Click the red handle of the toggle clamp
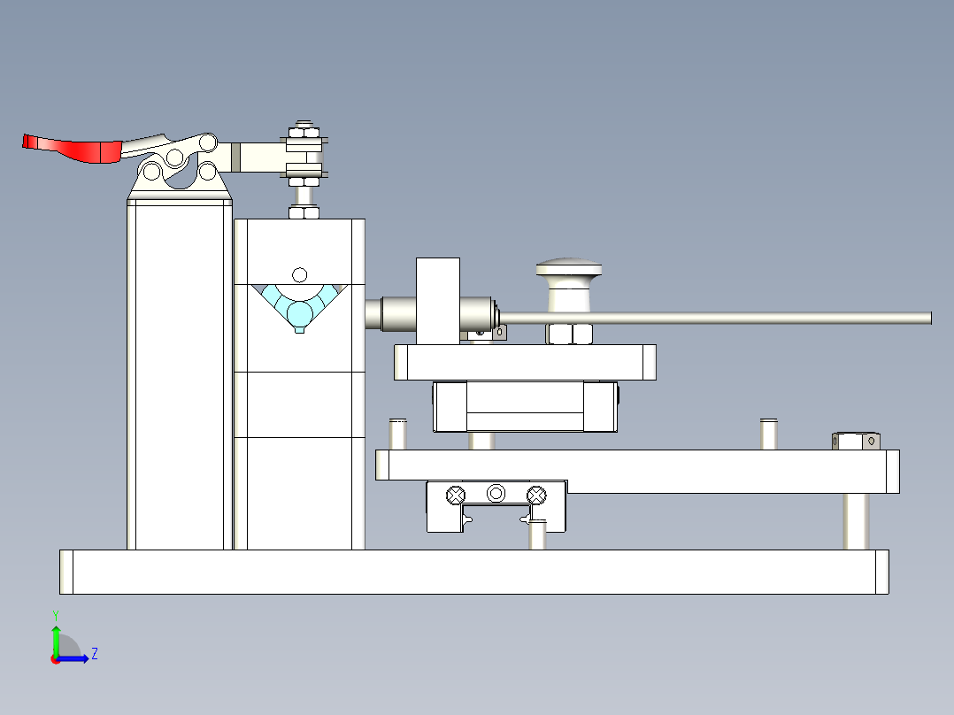coord(72,150)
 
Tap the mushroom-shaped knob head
coord(569,268)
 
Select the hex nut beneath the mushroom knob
coord(570,334)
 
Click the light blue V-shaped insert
coord(299,307)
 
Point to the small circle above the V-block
coord(299,275)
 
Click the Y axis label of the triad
coord(56,616)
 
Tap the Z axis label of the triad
coord(95,654)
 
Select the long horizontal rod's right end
coord(930,318)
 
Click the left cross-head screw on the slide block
coord(456,496)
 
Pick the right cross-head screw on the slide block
coord(536,496)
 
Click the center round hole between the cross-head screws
coord(496,493)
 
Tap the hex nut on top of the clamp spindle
coord(304,132)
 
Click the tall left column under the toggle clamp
coord(180,375)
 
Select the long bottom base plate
coord(474,572)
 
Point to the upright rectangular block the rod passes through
coord(438,301)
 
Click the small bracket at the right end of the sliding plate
coord(856,441)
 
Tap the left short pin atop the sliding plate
coord(398,434)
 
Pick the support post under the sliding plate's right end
coord(856,521)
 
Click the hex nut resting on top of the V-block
coord(304,212)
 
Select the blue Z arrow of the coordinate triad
coord(73,658)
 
